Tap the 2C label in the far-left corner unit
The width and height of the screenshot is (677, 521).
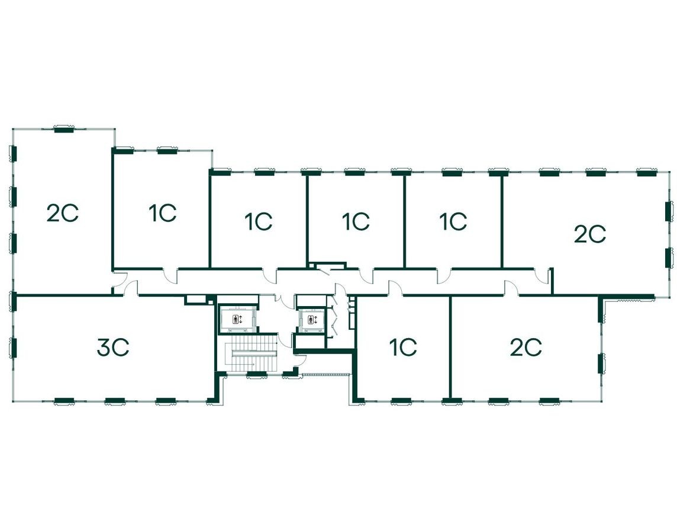[x=63, y=213]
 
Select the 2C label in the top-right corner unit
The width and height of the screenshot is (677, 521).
[x=590, y=234]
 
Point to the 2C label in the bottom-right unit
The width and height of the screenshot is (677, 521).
[x=526, y=348]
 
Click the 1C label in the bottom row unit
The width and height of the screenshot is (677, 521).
[x=403, y=348]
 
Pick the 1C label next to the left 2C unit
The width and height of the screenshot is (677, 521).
[x=162, y=213]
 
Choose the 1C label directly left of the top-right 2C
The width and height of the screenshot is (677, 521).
[x=453, y=221]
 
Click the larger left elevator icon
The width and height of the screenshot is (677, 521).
[x=237, y=320]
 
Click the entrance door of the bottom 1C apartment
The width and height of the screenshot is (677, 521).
[x=396, y=288]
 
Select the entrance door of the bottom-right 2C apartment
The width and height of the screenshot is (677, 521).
[x=512, y=288]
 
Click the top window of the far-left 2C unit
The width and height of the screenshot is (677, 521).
[x=63, y=128]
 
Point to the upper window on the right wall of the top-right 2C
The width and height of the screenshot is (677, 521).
[x=669, y=211]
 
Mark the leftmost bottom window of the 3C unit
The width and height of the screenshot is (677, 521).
[x=63, y=401]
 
